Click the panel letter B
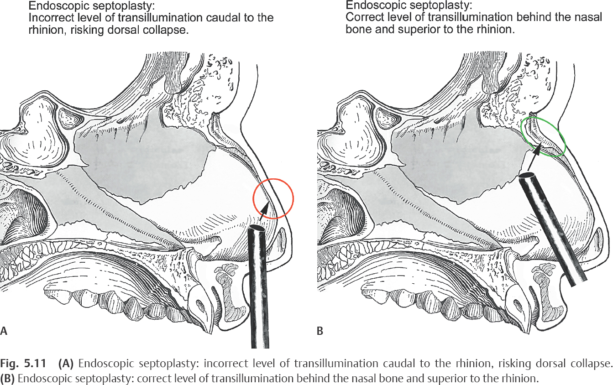click(x=320, y=331)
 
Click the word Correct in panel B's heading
click(x=362, y=17)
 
